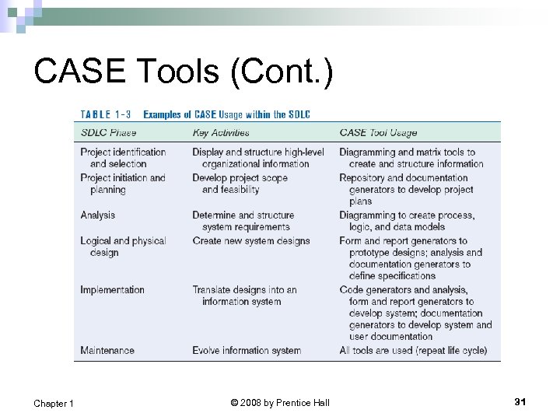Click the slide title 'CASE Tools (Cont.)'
184,72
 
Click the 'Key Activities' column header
221,133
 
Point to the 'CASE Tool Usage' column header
378,133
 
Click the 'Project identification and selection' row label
123,158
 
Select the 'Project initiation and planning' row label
123,184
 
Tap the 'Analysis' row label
97,215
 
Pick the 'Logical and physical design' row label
123,247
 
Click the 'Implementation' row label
112,290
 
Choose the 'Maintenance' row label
107,351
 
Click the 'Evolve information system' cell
247,351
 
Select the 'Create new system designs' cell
251,241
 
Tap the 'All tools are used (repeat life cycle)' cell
413,351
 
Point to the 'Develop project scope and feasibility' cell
240,184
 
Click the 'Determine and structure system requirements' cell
243,221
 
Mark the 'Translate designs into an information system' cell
245,296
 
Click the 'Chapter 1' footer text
54,403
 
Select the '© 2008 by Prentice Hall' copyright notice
280,402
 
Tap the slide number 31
520,401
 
